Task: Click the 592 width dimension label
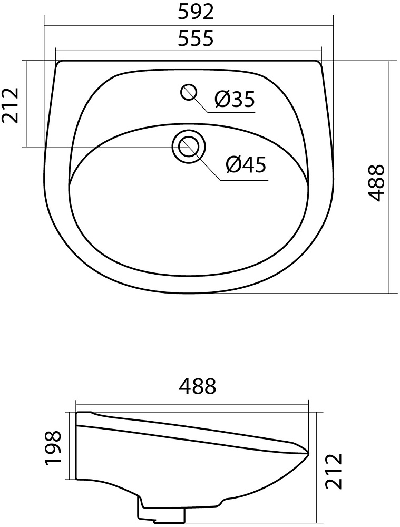(196, 13)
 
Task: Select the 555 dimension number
(196, 38)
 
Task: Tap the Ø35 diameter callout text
(235, 100)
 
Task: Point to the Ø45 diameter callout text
(247, 165)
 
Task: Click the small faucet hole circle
(189, 92)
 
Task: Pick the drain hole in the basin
(188, 147)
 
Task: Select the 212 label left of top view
(11, 106)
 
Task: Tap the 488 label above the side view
(197, 386)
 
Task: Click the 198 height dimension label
(53, 447)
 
